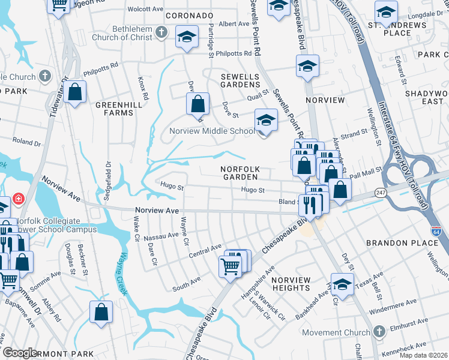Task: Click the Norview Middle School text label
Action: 212,131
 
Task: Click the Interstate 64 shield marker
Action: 436,230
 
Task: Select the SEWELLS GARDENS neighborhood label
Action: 240,81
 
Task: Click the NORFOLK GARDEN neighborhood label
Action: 238,173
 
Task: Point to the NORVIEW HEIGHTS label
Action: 291,284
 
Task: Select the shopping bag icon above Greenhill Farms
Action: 74,92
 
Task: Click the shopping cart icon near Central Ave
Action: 231,265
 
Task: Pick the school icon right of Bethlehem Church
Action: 187,38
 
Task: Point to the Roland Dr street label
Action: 26,143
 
